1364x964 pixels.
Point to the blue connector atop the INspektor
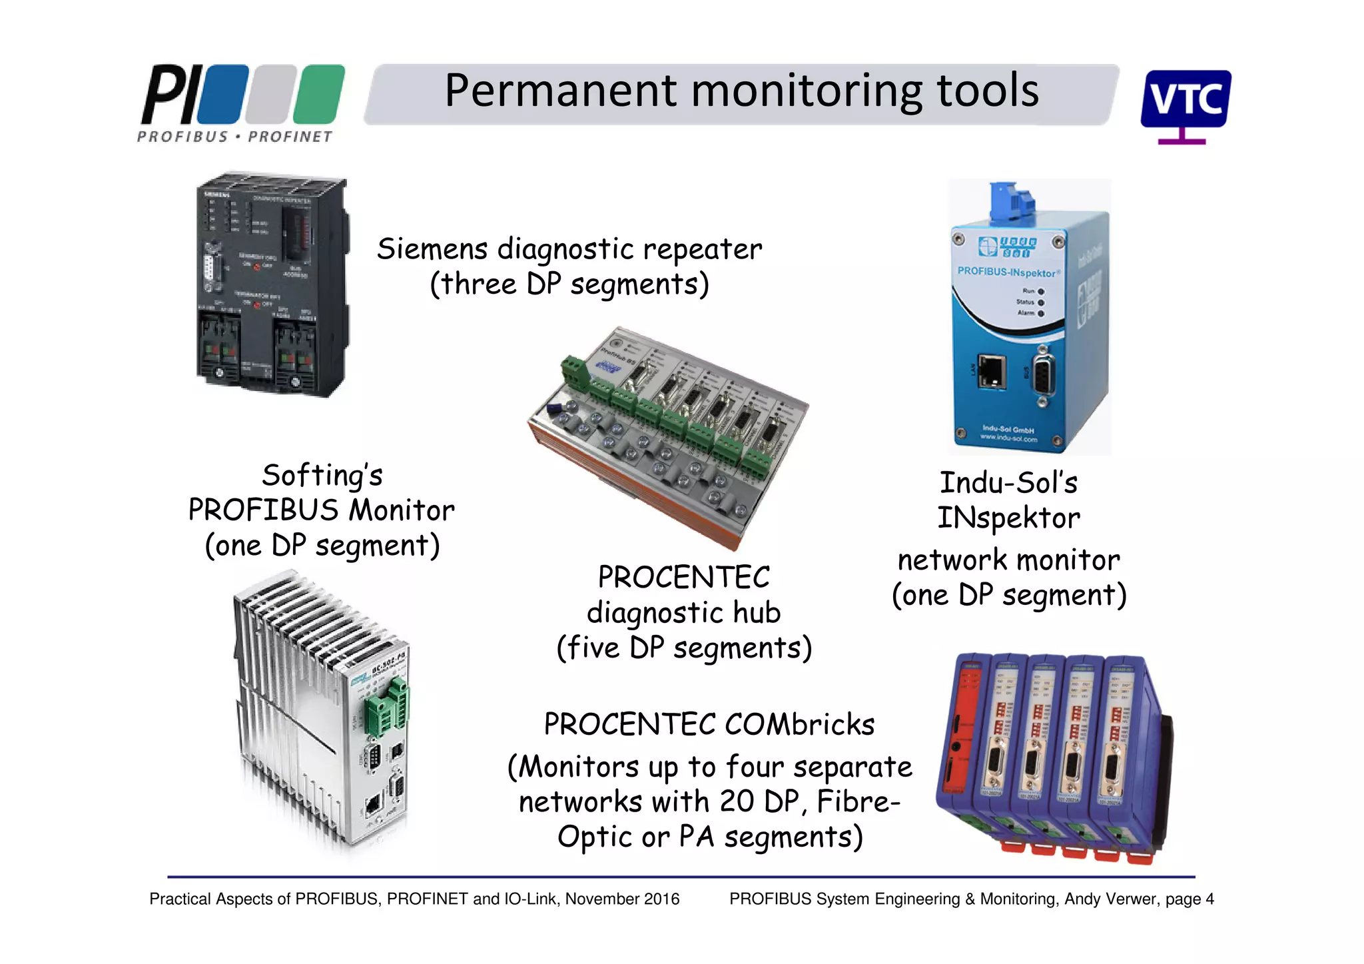pyautogui.click(x=1012, y=201)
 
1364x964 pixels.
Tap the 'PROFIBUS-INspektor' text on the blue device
pyautogui.click(x=1006, y=272)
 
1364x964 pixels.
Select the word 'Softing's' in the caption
pyautogui.click(x=322, y=476)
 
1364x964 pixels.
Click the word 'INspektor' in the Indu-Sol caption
pyautogui.click(x=1008, y=518)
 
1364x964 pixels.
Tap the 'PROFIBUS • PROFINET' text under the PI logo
pyautogui.click(x=234, y=137)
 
